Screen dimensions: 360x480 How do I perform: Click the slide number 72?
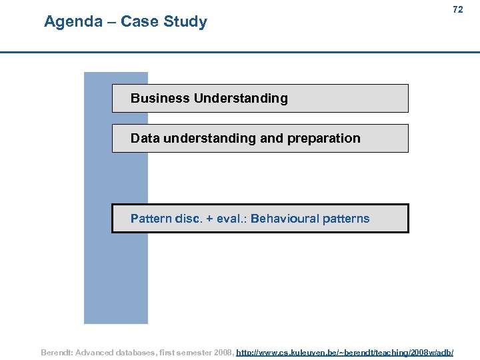pyautogui.click(x=457, y=9)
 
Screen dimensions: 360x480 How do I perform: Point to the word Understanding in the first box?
pyautogui.click(x=241, y=99)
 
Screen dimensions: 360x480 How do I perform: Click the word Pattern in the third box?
pyautogui.click(x=151, y=219)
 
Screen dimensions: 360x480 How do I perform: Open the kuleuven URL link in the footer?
pyautogui.click(x=345, y=351)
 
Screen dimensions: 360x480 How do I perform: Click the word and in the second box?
pyautogui.click(x=271, y=139)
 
